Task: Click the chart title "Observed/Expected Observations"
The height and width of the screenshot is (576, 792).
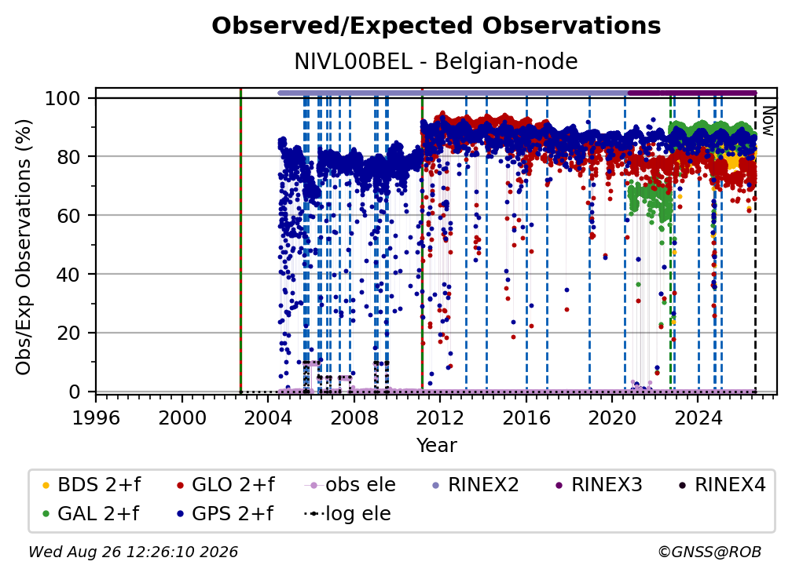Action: (x=436, y=26)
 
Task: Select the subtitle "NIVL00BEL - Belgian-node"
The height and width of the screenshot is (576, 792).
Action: (x=436, y=61)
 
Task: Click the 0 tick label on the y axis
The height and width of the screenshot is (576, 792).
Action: (x=74, y=392)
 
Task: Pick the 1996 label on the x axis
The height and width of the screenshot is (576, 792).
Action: (x=96, y=418)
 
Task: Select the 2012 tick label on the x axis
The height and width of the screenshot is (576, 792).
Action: (x=440, y=418)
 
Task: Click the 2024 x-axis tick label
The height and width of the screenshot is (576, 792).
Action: (x=698, y=418)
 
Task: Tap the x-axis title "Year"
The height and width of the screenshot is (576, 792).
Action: (x=436, y=446)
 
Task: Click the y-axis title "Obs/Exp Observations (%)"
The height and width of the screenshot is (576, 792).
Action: (x=24, y=247)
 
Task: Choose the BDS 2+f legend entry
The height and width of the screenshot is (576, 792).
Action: (x=91, y=485)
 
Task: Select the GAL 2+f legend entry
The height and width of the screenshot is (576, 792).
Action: (x=90, y=514)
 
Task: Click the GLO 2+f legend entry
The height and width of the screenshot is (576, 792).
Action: (x=225, y=485)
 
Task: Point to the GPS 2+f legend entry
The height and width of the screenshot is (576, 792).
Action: (x=224, y=514)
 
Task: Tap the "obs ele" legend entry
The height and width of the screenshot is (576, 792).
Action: (x=350, y=485)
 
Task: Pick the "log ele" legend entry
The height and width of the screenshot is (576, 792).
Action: (x=347, y=514)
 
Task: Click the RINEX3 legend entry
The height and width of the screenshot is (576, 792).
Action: (x=599, y=485)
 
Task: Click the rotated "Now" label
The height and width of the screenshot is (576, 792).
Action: (x=768, y=121)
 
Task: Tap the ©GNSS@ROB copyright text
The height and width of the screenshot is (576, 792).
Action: (x=709, y=552)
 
